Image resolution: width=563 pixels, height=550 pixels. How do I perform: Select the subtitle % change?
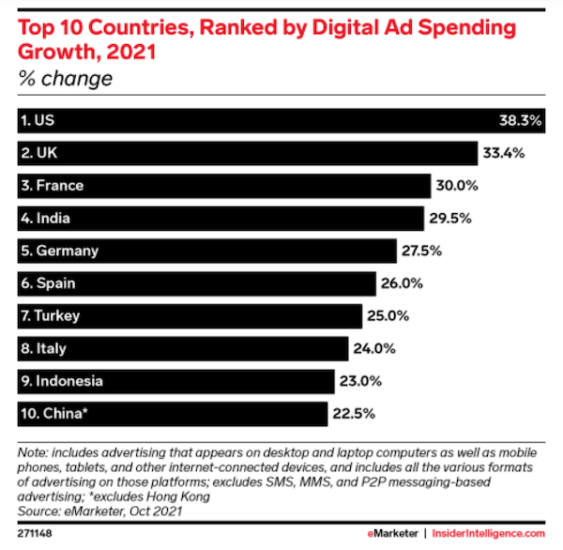pyautogui.click(x=65, y=78)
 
